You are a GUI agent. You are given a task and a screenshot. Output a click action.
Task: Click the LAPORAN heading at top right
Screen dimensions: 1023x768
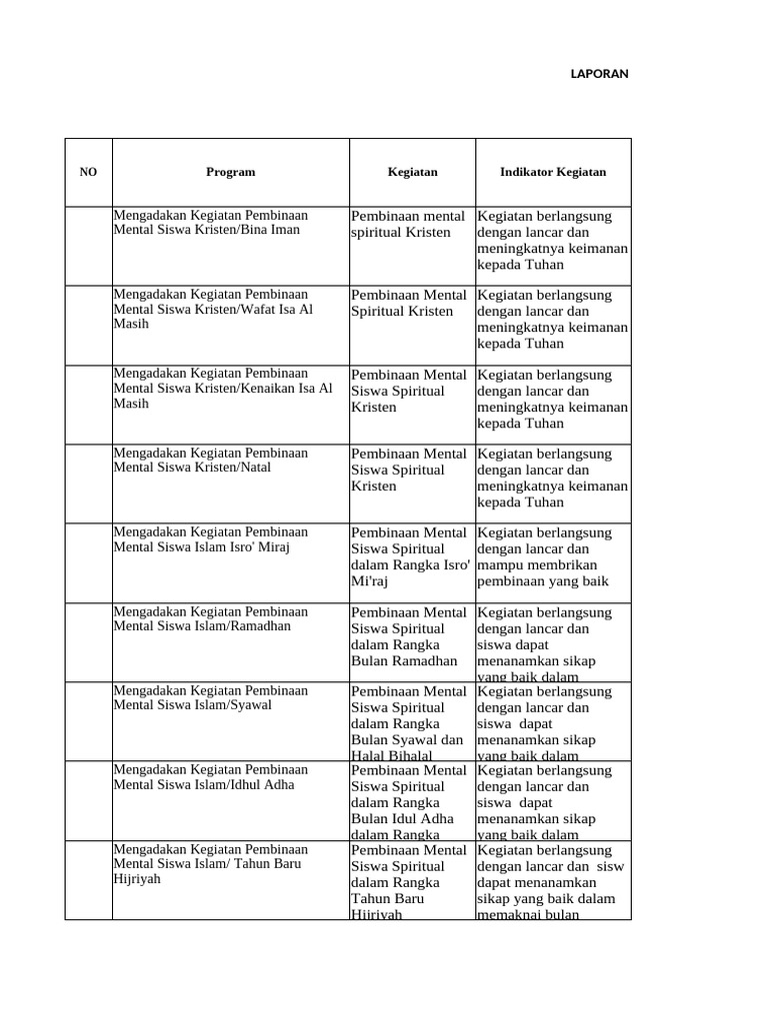599,73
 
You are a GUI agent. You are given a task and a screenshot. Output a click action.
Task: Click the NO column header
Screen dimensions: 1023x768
88,172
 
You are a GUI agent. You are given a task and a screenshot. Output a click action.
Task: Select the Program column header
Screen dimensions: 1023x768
230,172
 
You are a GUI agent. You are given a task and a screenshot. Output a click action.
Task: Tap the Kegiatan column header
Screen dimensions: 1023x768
412,172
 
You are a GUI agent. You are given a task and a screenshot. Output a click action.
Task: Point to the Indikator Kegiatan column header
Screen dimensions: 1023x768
553,172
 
